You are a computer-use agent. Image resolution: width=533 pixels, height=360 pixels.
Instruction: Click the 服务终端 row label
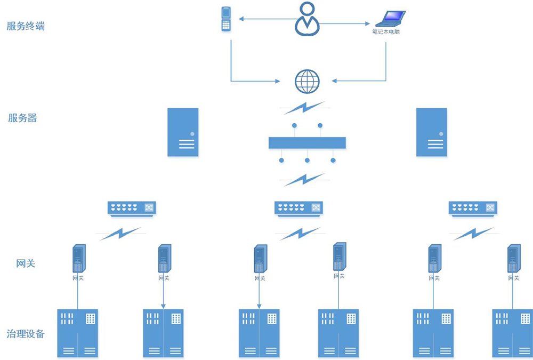tap(26, 26)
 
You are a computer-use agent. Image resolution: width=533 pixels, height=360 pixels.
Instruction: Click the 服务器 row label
tap(22, 118)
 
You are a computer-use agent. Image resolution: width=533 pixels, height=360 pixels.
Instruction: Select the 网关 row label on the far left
tap(26, 263)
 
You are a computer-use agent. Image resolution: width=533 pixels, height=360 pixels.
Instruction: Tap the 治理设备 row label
tap(26, 334)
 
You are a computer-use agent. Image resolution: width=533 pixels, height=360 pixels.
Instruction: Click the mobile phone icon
tap(226, 19)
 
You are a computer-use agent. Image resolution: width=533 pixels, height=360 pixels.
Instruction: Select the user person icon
tap(307, 19)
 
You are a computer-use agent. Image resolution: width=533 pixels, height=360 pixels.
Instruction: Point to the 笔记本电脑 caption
tap(386, 32)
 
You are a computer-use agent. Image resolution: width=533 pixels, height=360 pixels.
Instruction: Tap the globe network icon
tap(307, 81)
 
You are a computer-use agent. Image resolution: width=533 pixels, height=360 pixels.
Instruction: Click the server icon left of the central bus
tap(183, 132)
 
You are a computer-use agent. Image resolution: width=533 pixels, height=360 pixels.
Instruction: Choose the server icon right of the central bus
tap(431, 132)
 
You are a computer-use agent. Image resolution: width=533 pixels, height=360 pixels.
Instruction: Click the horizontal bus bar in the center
tap(307, 142)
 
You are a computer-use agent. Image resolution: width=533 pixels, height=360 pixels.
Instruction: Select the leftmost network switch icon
tap(132, 208)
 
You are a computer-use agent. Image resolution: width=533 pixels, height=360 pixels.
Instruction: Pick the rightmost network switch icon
tap(473, 208)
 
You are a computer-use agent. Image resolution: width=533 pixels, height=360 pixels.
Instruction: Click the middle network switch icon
tap(298, 208)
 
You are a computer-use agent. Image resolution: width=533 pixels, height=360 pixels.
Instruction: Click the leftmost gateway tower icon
tap(79, 259)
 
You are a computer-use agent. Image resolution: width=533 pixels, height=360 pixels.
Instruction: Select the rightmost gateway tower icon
tap(513, 259)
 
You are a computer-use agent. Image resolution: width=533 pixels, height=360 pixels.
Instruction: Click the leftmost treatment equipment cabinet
tap(78, 333)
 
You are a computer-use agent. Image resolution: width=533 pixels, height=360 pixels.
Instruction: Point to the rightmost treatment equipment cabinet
tap(512, 333)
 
